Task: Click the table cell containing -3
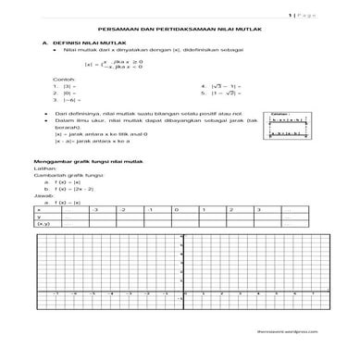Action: pyautogui.click(x=94, y=209)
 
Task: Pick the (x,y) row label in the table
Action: pyautogui.click(x=43, y=223)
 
